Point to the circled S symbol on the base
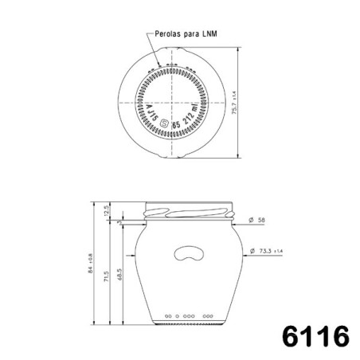tap(165, 124)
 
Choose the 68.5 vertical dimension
tap(120, 273)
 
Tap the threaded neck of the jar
tap(190, 213)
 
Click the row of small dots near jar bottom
tap(189, 315)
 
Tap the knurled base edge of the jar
tap(189, 323)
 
